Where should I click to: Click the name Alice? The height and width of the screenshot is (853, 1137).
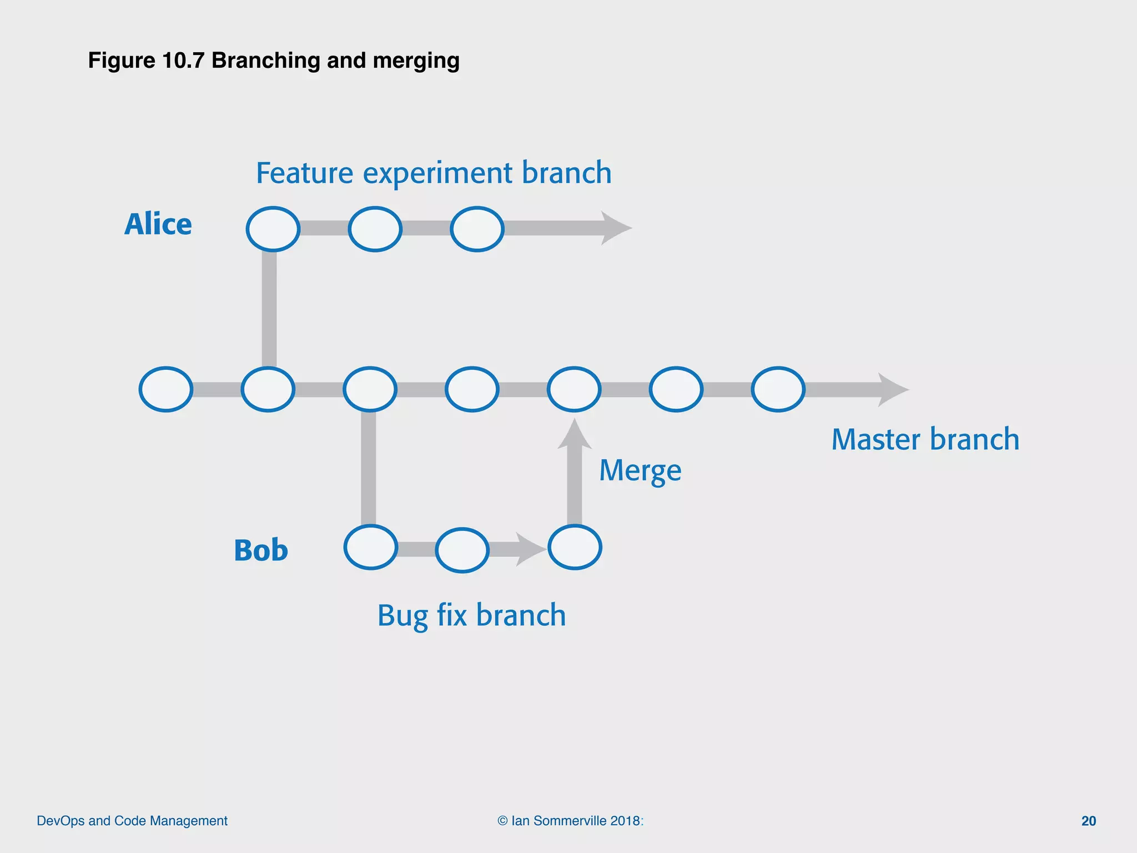click(x=158, y=224)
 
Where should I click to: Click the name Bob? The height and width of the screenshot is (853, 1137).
click(x=261, y=550)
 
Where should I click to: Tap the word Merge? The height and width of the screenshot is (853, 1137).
click(x=640, y=471)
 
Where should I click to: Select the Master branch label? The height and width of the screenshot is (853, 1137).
click(x=925, y=439)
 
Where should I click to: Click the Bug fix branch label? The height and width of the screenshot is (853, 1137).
click(x=471, y=615)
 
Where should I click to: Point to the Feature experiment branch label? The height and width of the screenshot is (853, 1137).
click(x=434, y=173)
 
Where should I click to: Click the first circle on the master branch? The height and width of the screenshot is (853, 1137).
click(x=166, y=389)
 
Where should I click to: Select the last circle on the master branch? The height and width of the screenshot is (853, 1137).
click(x=778, y=389)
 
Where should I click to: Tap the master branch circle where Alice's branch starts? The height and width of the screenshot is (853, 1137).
click(x=268, y=389)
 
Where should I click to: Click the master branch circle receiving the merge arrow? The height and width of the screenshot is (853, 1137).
click(x=574, y=389)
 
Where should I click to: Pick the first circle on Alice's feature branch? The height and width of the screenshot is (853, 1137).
click(x=273, y=229)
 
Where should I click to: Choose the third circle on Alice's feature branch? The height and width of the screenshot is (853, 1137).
click(x=477, y=229)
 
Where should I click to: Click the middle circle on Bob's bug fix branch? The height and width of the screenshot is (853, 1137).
click(x=462, y=550)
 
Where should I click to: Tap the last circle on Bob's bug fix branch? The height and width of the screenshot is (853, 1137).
click(x=575, y=548)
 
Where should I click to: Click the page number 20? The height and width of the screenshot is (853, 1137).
click(x=1088, y=821)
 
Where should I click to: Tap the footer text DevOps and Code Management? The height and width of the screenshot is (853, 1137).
click(x=132, y=821)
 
